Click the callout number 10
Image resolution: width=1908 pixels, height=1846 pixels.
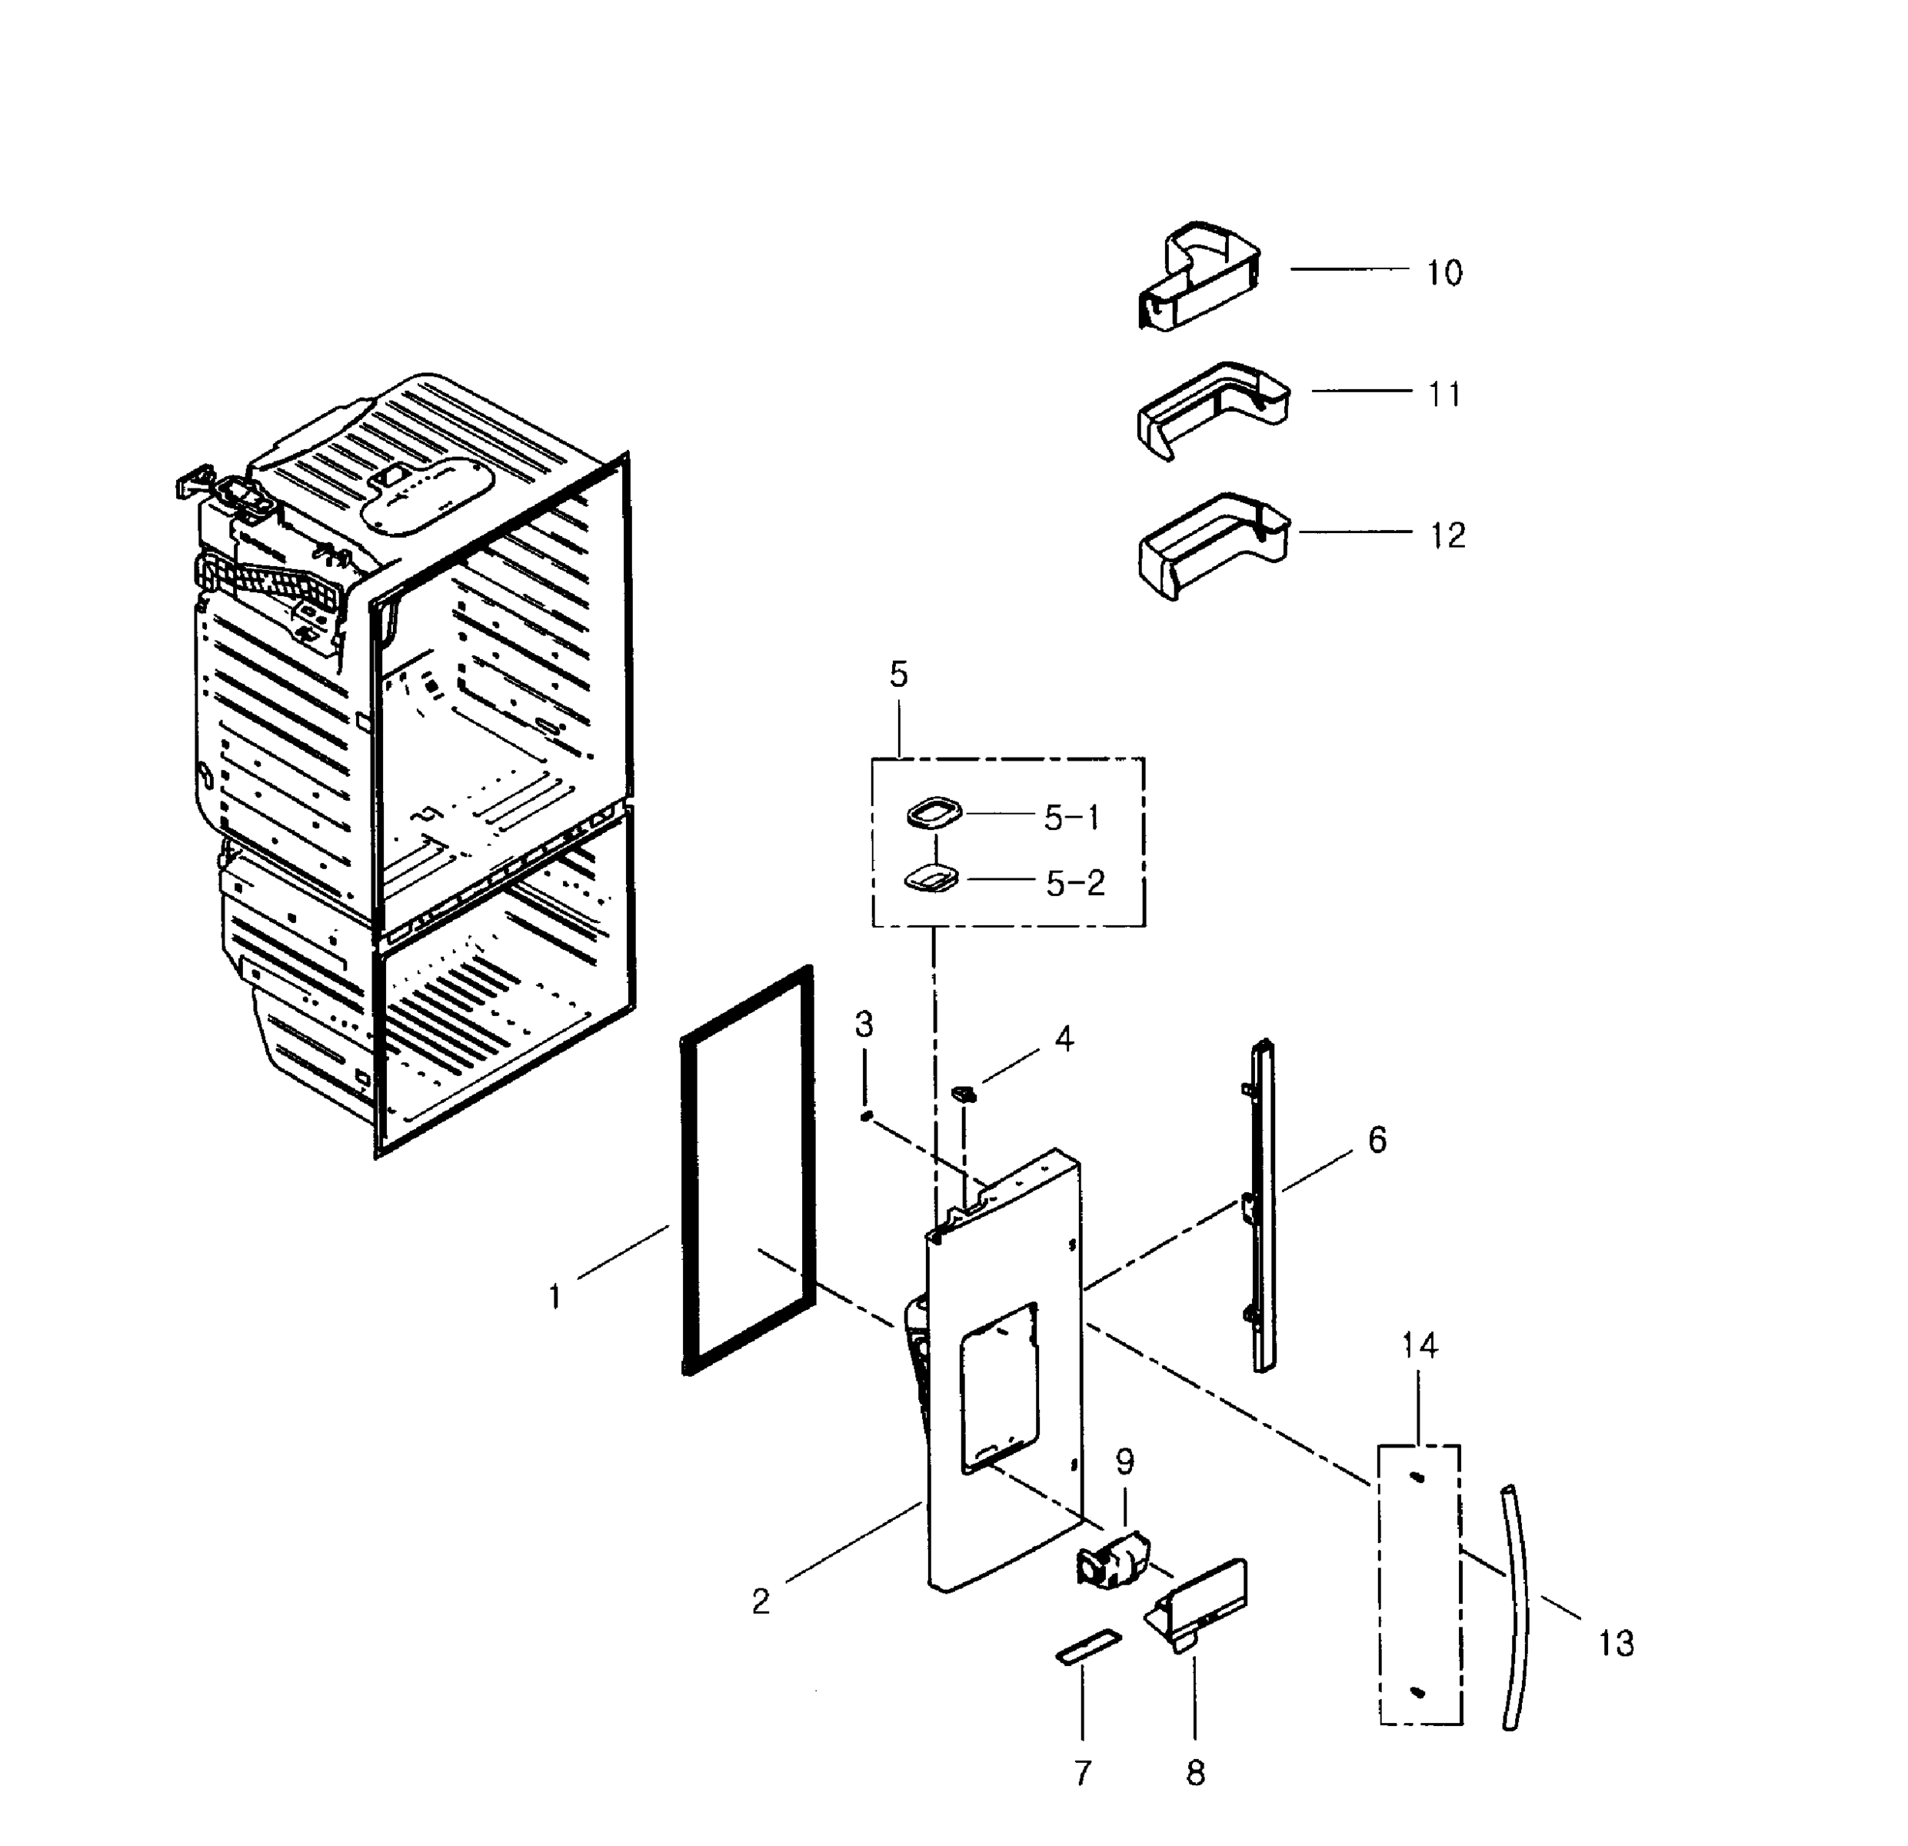tap(1444, 274)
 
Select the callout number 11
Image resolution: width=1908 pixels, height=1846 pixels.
tap(1444, 395)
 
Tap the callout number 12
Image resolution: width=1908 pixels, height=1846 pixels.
tap(1447, 535)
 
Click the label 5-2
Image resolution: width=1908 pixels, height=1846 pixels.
tap(1074, 883)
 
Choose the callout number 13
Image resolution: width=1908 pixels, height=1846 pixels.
tap(1616, 1644)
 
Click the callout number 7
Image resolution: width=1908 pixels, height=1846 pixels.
tap(1083, 1774)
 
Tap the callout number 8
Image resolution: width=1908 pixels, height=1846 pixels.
tap(1195, 1774)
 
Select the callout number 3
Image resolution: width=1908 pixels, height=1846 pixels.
tap(864, 1025)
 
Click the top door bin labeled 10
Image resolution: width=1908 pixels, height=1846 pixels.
tap(1199, 276)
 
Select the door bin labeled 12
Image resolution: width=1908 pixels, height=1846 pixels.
tap(1212, 545)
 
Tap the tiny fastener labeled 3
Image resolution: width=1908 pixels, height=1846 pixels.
tap(865, 1116)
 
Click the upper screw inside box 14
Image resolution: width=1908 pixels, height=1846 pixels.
tap(1417, 1478)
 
